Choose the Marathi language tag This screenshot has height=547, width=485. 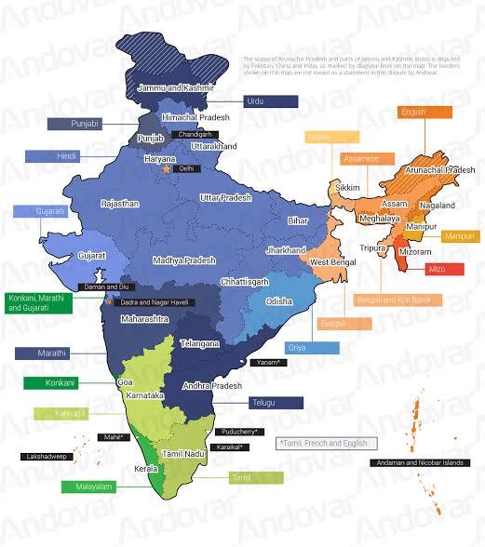[52, 354]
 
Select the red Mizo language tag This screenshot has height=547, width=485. [436, 269]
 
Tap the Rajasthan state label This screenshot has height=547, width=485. [122, 203]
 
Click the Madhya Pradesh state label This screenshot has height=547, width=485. [184, 260]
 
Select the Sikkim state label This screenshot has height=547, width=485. [347, 189]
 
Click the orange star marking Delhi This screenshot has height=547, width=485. [167, 170]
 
